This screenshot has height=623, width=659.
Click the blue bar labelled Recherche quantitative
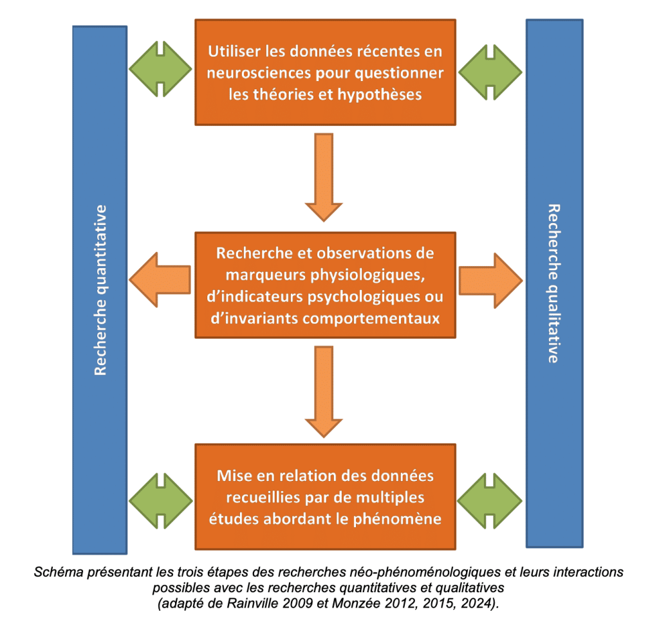point(100,290)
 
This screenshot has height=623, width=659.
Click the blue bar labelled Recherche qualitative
point(554,284)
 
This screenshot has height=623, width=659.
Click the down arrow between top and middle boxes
point(324,177)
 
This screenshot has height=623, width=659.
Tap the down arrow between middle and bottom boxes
point(324,392)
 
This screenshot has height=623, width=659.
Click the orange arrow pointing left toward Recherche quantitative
point(160,280)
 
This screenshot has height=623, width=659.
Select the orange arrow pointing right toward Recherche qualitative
point(490,280)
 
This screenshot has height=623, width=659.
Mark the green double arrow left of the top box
point(160,69)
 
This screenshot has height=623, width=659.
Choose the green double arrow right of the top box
point(490,72)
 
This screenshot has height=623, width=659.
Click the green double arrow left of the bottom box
point(160,501)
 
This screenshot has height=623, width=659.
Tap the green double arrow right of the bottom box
point(490,501)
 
